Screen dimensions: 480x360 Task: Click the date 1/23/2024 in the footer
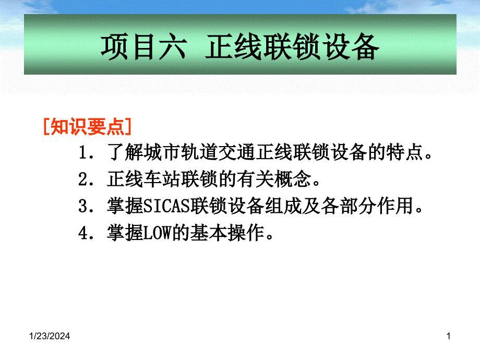[x=50, y=336]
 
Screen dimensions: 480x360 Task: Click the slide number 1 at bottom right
[x=449, y=336]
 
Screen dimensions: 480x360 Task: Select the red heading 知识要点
[x=87, y=126]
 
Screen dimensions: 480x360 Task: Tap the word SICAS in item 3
[x=167, y=206]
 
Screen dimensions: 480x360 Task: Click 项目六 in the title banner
[x=143, y=47]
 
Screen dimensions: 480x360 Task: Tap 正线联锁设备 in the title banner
[x=292, y=47]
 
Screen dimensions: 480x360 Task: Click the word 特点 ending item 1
[x=404, y=152]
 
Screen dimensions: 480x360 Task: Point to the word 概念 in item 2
[x=293, y=179]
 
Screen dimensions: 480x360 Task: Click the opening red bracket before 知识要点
[x=46, y=126]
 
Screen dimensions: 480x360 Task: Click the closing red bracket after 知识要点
[x=128, y=126]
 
